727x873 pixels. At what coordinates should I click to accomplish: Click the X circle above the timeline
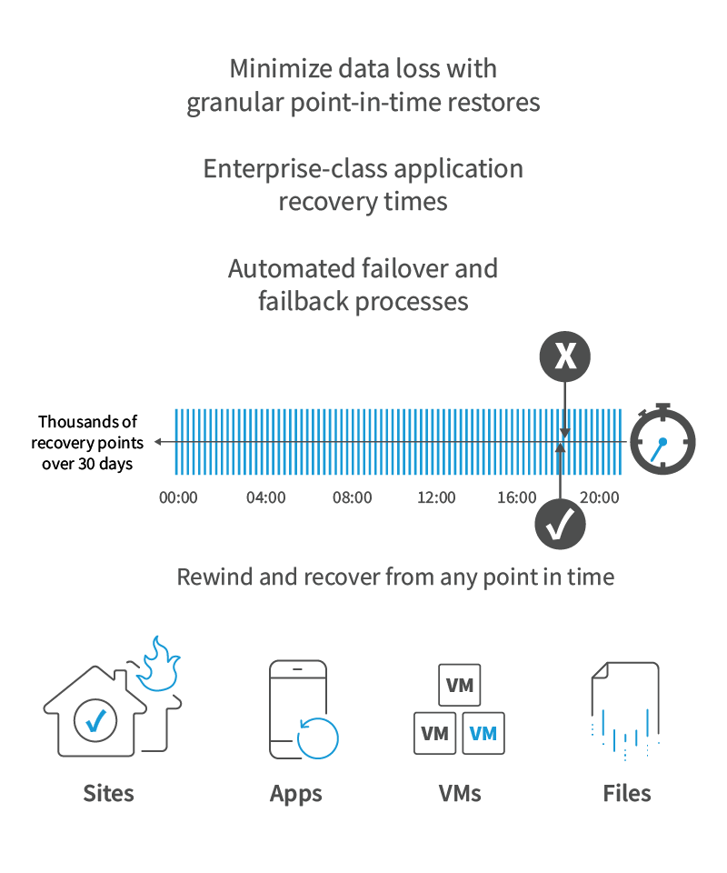564,356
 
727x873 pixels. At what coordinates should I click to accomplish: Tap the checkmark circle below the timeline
560,525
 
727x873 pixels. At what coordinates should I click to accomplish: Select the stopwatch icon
662,438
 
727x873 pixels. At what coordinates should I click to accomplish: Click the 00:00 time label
178,497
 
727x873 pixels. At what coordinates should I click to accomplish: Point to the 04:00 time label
266,497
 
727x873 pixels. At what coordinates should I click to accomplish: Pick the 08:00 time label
352,497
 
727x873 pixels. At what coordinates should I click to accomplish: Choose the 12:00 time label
436,497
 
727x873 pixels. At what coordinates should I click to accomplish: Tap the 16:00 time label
517,497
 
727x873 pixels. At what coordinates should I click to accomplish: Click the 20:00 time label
599,497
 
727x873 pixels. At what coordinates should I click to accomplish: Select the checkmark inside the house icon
95,721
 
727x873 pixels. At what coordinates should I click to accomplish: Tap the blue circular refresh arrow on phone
318,738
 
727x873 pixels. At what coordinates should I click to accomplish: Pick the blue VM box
483,733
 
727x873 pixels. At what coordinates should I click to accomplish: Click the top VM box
460,685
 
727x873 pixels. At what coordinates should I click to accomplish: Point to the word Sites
108,793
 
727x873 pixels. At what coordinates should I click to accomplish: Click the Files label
627,793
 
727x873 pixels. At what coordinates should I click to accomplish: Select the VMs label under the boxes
460,793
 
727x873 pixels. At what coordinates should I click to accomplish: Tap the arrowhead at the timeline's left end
158,442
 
